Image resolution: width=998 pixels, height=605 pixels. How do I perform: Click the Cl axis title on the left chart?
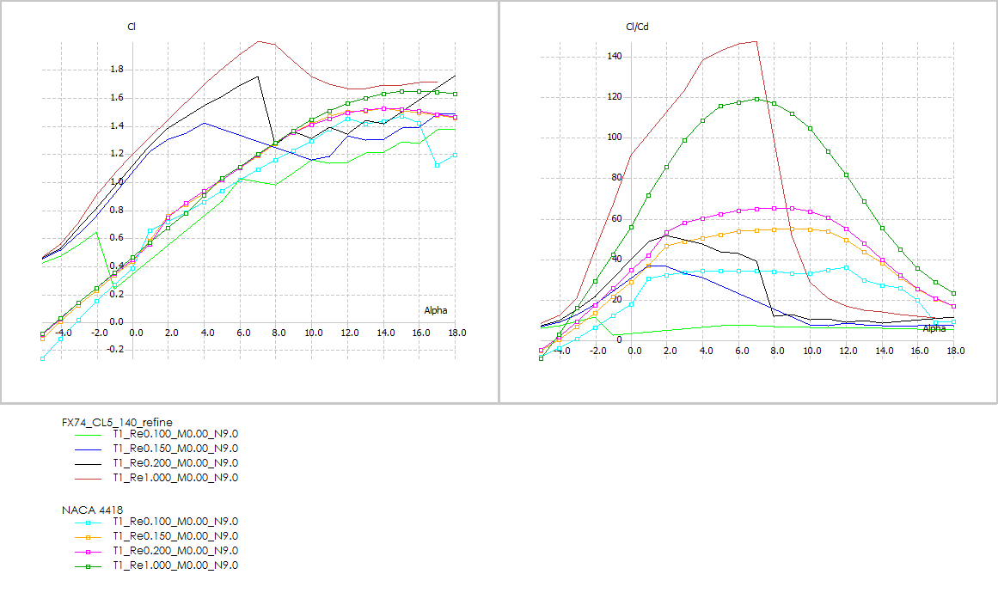pos(132,27)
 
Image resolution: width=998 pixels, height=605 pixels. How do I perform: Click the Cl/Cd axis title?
pos(636,27)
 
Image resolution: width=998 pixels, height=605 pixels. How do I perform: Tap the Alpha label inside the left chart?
pos(435,310)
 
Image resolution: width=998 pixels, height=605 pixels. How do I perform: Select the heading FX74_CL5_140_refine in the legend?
pos(117,422)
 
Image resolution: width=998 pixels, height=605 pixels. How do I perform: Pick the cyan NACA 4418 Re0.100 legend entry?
pos(174,522)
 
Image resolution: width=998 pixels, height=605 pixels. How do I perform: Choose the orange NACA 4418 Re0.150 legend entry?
pos(174,536)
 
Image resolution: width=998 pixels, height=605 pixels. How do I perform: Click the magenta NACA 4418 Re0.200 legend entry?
pos(174,551)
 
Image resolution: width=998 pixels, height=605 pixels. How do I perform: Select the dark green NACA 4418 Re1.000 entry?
pos(174,565)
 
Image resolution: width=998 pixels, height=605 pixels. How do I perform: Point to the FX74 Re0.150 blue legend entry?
pos(174,449)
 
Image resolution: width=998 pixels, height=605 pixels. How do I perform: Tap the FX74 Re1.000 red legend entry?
pos(174,478)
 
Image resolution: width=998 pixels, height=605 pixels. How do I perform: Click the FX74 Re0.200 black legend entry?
pos(174,463)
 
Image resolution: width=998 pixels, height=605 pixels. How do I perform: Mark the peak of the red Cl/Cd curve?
pos(756,40)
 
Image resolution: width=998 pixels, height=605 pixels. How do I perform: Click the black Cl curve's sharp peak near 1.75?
pos(258,76)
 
